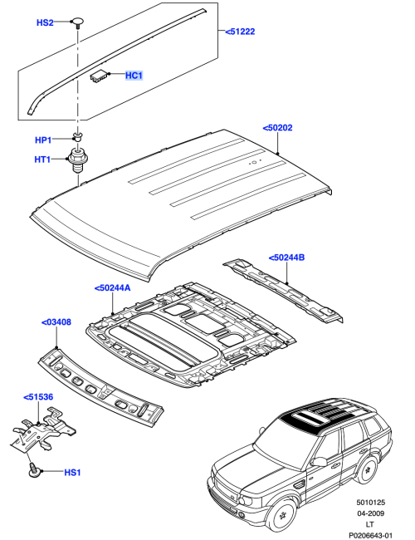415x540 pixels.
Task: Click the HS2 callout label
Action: [46, 22]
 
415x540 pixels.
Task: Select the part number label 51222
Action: [242, 32]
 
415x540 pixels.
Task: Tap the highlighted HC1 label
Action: [134, 76]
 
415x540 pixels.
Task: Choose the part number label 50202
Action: [278, 129]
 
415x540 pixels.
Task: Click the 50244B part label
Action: [287, 258]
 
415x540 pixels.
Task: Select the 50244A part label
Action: [114, 287]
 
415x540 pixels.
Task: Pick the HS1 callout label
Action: [73, 473]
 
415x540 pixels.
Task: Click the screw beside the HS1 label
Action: [36, 470]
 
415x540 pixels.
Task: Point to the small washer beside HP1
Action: [77, 135]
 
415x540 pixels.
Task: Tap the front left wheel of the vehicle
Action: [283, 513]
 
